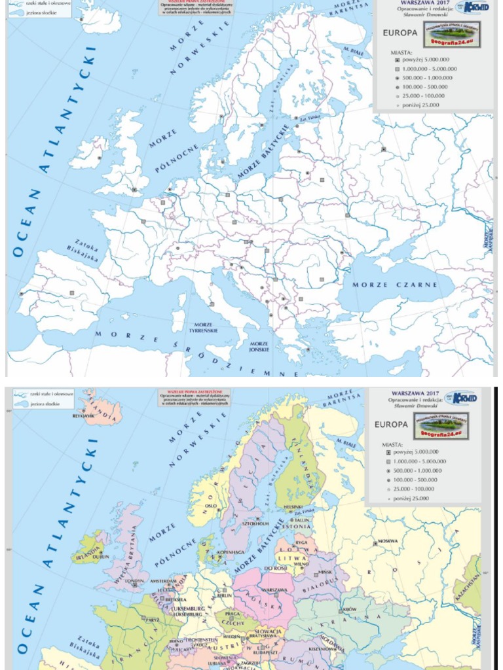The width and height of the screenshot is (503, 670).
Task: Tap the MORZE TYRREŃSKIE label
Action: (x=203, y=327)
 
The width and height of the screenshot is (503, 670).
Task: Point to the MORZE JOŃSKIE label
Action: (x=259, y=347)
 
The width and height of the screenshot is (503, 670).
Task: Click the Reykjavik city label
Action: (x=84, y=415)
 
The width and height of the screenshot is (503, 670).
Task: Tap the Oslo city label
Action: (x=210, y=505)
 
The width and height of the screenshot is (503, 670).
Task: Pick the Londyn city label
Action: (x=136, y=580)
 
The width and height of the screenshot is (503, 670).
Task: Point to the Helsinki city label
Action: (x=293, y=506)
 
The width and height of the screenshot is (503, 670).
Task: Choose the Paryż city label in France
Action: (x=152, y=620)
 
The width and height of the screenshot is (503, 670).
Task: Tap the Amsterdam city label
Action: (x=163, y=580)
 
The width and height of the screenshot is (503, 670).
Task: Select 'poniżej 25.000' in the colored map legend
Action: (x=412, y=498)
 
